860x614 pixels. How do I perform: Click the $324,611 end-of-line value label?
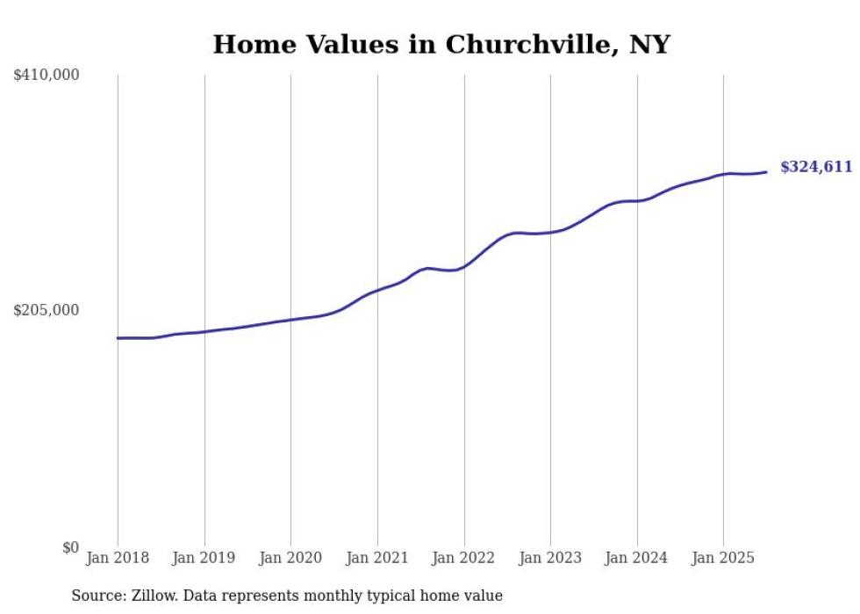tap(816, 167)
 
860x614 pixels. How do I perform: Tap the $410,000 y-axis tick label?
tap(47, 76)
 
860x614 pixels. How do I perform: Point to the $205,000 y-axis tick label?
tap(47, 310)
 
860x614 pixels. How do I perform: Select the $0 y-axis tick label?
tap(70, 547)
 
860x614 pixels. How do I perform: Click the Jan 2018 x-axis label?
tap(118, 558)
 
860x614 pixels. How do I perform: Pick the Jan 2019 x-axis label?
tap(204, 558)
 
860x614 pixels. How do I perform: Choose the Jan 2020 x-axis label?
tap(290, 558)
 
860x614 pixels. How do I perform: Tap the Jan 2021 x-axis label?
tap(377, 558)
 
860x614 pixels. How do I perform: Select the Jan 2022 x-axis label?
tap(464, 558)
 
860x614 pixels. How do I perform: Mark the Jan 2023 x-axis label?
tap(550, 558)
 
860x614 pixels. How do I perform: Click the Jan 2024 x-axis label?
tap(637, 558)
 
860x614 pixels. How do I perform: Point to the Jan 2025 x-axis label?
tap(723, 558)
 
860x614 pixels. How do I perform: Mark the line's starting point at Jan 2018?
tap(118, 338)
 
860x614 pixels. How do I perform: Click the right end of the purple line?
tap(767, 172)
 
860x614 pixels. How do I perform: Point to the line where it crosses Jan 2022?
tap(464, 265)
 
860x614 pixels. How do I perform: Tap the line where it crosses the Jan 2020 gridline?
tap(290, 320)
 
